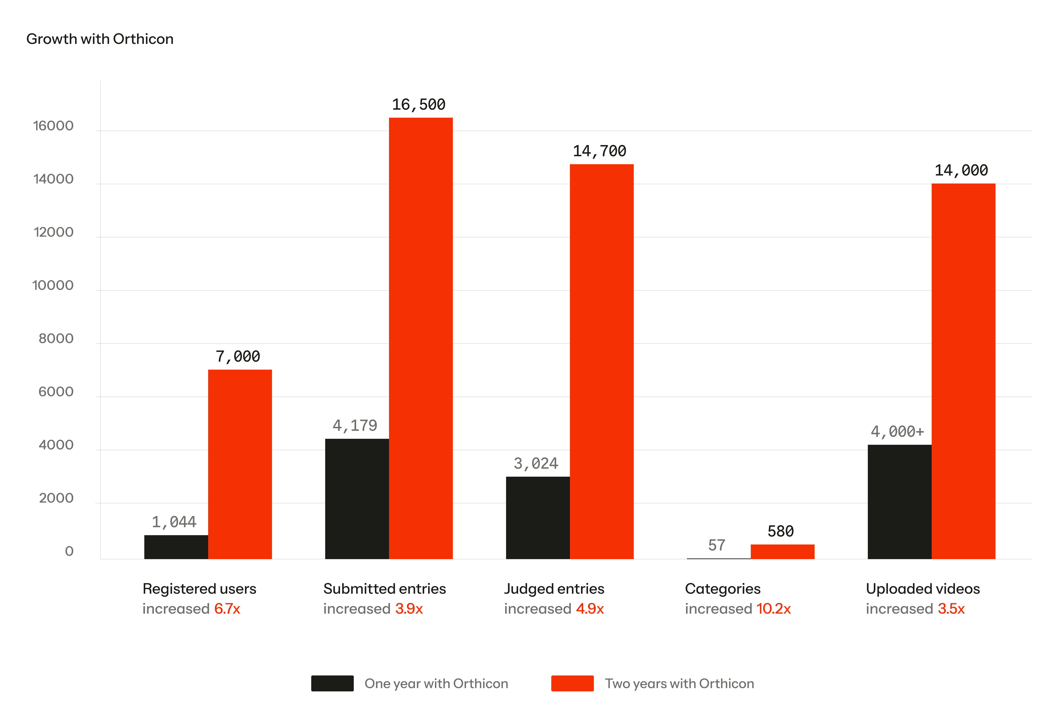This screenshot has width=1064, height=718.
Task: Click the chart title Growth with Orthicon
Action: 100,39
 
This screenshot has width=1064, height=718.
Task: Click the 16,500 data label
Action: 418,105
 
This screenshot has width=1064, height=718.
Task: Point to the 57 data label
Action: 717,545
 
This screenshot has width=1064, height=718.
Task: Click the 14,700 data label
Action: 599,151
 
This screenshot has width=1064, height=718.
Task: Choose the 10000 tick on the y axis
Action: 53,286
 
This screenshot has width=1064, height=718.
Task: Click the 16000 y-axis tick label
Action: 53,126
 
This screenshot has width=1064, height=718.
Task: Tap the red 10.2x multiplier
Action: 773,609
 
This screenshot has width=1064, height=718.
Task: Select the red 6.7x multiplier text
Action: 227,609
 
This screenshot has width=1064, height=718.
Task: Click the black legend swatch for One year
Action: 332,683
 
